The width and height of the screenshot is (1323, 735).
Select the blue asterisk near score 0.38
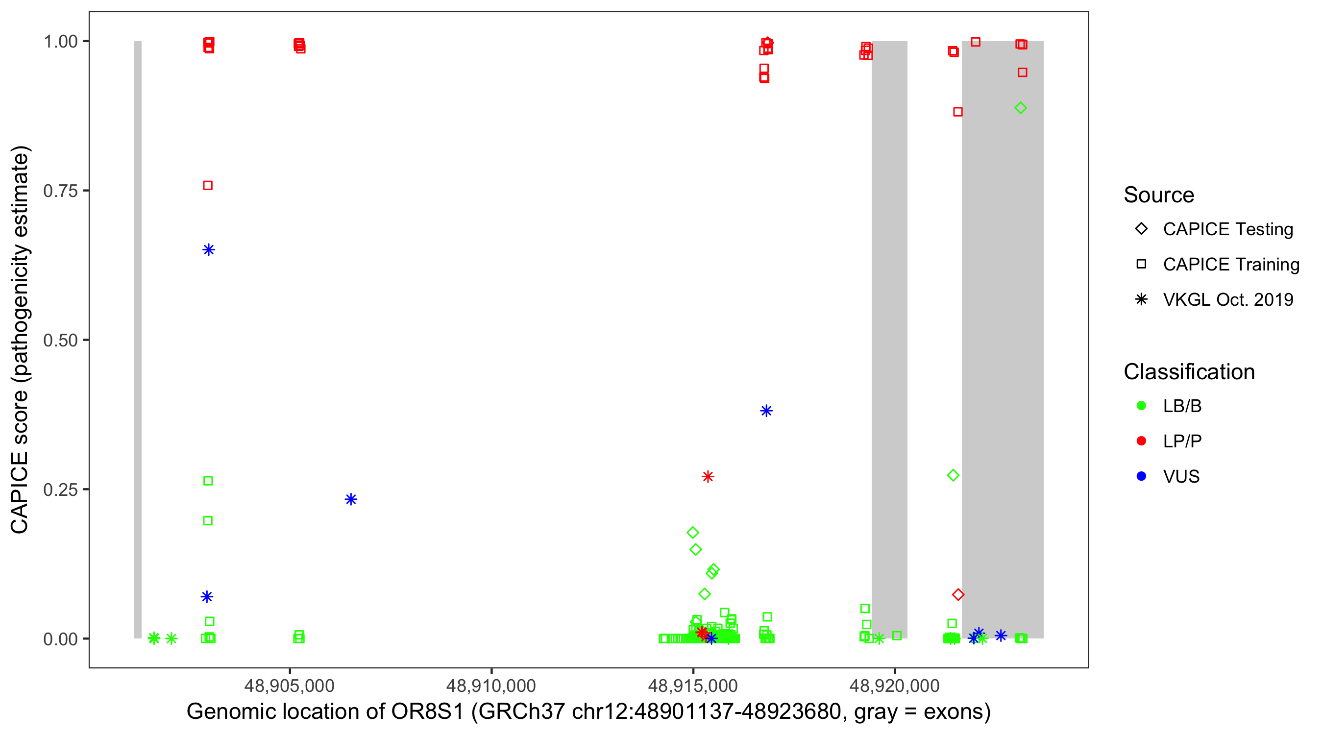pos(766,411)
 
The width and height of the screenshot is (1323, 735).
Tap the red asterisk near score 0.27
pos(708,477)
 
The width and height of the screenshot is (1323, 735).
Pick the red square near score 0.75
pos(208,185)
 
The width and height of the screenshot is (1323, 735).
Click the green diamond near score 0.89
pos(1021,108)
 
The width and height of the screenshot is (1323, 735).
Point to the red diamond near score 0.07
pos(958,595)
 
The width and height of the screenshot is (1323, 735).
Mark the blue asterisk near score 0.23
pos(351,499)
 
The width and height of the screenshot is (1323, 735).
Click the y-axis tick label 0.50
pos(60,340)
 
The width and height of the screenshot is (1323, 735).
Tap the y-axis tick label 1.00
pos(60,42)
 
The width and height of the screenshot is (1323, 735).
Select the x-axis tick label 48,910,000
pos(491,686)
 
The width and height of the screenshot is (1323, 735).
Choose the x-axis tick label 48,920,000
pos(895,686)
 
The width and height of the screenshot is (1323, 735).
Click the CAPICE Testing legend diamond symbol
pos(1141,229)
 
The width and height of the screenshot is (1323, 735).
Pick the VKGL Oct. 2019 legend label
pos(1228,299)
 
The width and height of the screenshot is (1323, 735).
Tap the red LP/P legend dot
pos(1141,441)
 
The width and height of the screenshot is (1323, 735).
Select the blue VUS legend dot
pos(1141,476)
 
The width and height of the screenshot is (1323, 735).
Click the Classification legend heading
pos(1189,372)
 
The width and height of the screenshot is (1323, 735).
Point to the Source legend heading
pos(1159,195)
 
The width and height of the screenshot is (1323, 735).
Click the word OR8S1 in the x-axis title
pos(427,712)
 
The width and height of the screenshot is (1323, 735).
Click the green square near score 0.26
pos(208,481)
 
